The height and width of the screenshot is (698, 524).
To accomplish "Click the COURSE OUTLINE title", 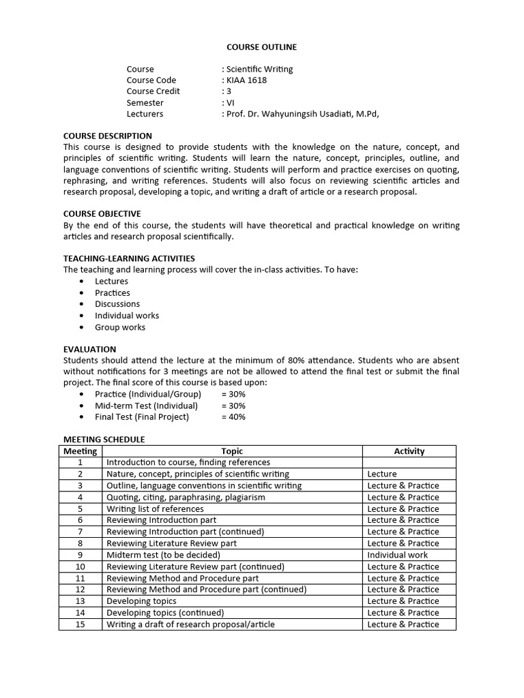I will coord(261,47).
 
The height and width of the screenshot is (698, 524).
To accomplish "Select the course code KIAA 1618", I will coord(245,80).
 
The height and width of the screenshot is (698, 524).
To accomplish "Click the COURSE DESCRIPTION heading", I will coord(108,136).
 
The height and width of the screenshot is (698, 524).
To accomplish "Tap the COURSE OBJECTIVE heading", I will coord(102,213).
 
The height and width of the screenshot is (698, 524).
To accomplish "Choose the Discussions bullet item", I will coord(117,304).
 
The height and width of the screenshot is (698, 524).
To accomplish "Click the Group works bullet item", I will coord(120,327).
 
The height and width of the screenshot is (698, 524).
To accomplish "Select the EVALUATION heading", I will coord(89,349).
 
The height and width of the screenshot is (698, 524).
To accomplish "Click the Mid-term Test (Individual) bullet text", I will coord(146,406).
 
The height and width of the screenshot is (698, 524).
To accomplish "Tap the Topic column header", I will coord(232,451).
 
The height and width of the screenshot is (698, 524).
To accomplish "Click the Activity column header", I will coord(409,451).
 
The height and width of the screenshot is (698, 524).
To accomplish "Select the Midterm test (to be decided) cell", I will coord(162,555).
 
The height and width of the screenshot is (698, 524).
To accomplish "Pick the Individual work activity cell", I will coord(398,555).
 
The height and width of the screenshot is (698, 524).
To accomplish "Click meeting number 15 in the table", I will coord(81,624).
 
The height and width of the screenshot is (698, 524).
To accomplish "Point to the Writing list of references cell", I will coord(155,509).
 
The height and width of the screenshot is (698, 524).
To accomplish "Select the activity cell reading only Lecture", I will coord(382,474).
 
